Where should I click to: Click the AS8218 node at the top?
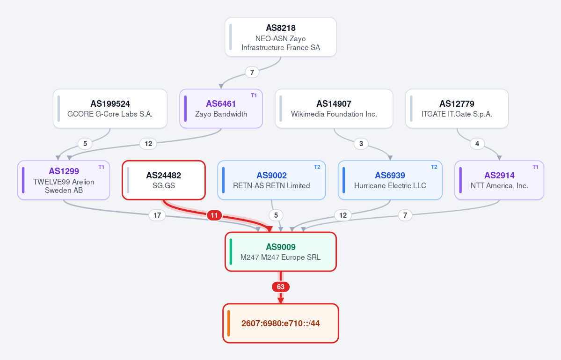[281, 37]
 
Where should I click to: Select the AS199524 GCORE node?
[110, 109]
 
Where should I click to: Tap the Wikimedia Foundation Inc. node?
[334, 109]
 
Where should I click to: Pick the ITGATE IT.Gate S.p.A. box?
[457, 109]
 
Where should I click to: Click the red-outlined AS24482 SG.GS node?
[163, 180]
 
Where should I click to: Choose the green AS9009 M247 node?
[281, 251]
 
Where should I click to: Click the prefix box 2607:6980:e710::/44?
[281, 323]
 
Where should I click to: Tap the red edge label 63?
[281, 287]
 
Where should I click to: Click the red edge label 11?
[214, 215]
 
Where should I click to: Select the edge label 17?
[157, 215]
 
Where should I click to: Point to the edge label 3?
[361, 144]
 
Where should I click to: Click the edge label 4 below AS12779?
[477, 144]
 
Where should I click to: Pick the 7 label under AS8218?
[252, 72]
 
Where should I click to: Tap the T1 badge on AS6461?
[254, 96]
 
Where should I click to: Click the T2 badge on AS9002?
[317, 167]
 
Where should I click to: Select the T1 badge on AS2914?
[535, 167]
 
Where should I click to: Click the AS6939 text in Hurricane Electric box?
[390, 176]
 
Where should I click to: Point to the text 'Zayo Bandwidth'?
[221, 114]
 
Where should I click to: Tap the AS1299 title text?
[64, 171]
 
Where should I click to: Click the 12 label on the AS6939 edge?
[343, 215]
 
